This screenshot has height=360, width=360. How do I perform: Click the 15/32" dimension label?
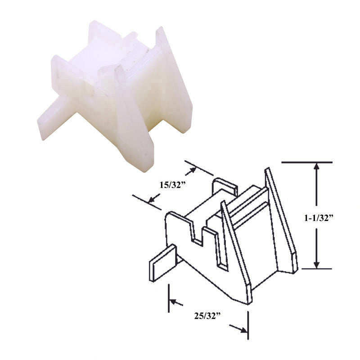[171, 184]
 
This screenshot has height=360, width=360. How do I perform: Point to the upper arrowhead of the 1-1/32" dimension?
[316, 166]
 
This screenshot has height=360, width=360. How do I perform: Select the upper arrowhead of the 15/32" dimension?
[193, 171]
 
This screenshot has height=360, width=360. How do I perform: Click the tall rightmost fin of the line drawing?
[281, 220]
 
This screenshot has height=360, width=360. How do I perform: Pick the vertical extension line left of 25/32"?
[169, 298]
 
